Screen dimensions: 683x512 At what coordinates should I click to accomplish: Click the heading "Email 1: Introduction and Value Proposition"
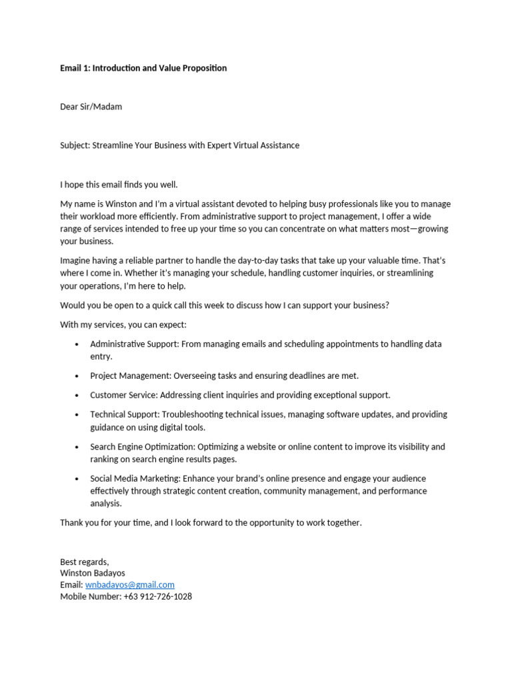click(143, 68)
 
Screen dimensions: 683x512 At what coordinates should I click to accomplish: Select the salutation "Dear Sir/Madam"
click(91, 107)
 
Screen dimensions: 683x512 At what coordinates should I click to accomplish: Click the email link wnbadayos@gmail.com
click(130, 585)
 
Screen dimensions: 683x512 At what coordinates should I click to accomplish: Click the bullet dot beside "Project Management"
click(77, 377)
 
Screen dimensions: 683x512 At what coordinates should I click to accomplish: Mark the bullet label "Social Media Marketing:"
click(135, 479)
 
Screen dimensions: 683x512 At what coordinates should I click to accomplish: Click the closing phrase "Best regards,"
click(85, 562)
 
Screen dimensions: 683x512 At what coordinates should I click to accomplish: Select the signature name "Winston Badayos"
click(93, 574)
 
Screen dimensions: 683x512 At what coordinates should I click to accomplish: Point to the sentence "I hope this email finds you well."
click(119, 185)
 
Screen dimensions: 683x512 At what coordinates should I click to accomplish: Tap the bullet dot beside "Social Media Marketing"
click(77, 480)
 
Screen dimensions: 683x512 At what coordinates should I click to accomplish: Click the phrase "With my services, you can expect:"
click(123, 325)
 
